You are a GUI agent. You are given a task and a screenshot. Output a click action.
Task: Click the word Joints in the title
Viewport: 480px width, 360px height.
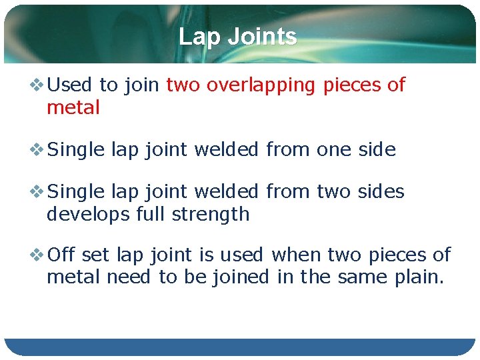coord(261,37)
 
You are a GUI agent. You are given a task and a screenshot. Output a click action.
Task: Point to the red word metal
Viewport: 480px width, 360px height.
coord(73,107)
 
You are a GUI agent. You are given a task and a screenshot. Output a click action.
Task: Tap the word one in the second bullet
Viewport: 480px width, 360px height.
coord(333,150)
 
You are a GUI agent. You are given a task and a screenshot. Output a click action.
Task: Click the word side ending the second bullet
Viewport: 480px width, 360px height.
coord(376,150)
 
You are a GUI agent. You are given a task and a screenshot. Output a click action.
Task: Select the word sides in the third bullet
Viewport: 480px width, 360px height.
coord(380,192)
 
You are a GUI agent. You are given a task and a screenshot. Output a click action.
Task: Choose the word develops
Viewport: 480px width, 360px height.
coord(88,215)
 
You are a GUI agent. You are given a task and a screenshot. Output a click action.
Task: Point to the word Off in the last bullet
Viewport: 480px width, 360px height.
coord(62,255)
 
